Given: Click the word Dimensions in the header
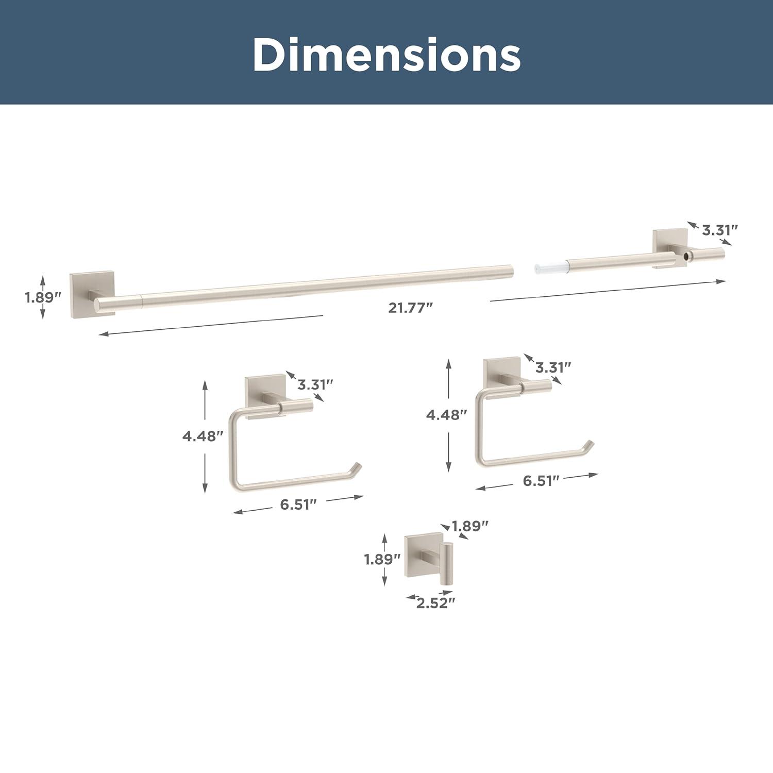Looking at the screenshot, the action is [386, 54].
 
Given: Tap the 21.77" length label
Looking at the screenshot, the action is [410, 308].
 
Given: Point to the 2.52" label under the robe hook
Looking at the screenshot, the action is [436, 603].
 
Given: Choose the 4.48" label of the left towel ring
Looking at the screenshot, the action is [203, 436].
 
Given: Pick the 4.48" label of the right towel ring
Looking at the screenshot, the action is [446, 414].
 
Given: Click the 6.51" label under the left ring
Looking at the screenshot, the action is [298, 505].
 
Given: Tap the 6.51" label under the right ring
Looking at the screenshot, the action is [541, 480].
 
